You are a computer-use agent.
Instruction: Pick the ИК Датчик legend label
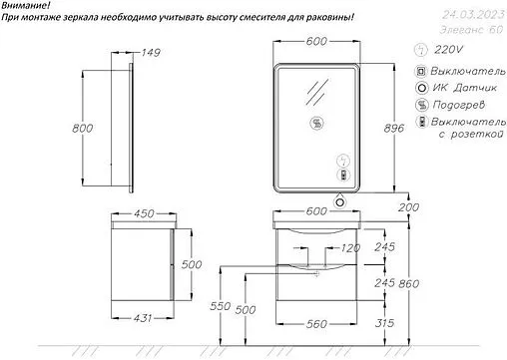tap(462, 87)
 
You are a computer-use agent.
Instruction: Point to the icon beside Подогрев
tap(422, 104)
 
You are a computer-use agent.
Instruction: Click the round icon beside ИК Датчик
tap(422, 87)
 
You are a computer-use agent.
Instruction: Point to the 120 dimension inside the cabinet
tap(348, 247)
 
